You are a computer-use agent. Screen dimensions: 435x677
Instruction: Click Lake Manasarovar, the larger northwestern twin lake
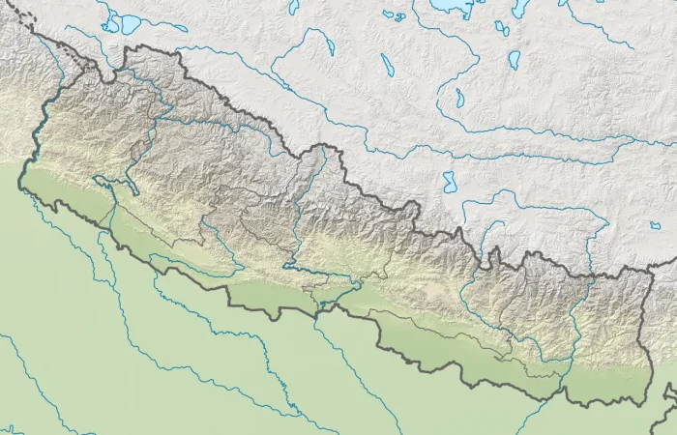[x=128, y=24]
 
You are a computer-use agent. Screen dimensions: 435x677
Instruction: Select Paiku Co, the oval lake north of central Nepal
[x=449, y=180]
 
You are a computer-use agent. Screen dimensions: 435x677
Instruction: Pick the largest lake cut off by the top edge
[x=448, y=5]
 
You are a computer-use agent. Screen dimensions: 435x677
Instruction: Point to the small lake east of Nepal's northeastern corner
[x=656, y=225]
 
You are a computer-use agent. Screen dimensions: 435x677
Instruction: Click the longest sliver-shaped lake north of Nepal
[x=387, y=65]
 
